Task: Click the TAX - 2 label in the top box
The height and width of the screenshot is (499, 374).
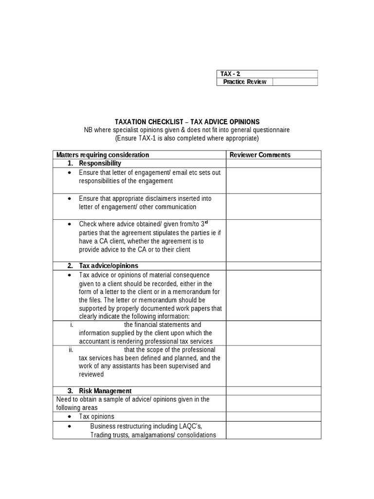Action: pos(230,74)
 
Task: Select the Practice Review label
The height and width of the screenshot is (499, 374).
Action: pos(244,82)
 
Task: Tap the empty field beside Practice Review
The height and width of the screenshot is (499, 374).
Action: pos(295,82)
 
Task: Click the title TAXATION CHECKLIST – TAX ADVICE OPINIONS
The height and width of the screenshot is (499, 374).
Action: pos(187,122)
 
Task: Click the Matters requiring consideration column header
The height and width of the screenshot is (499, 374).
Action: pos(103,155)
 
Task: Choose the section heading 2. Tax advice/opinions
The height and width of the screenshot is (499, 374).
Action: pos(103,266)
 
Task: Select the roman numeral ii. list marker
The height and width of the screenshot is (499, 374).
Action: pos(71,350)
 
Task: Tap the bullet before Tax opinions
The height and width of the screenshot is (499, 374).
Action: pos(71,417)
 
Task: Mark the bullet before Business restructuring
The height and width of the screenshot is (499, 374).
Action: pos(71,426)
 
